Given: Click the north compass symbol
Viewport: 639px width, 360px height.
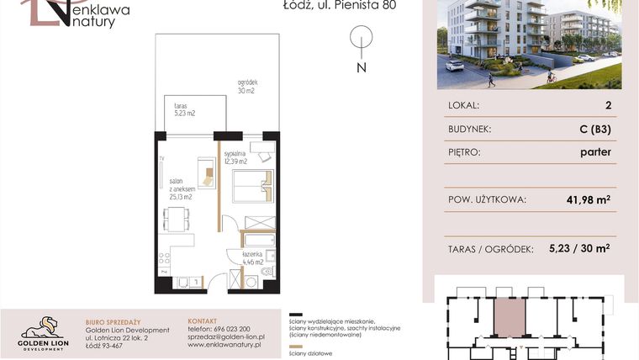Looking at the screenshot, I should pyautogui.click(x=361, y=40).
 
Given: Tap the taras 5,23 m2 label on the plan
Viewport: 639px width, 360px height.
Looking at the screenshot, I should pyautogui.click(x=184, y=108).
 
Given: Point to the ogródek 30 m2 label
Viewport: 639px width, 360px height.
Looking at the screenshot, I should pyautogui.click(x=246, y=86).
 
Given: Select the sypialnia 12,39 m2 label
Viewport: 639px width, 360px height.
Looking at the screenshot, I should pyautogui.click(x=235, y=157).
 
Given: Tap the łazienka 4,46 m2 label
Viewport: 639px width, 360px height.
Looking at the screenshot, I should pyautogui.click(x=252, y=257).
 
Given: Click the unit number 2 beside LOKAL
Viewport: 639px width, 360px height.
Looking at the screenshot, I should pyautogui.click(x=607, y=106).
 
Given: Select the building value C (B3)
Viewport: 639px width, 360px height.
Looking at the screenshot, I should pyautogui.click(x=594, y=130).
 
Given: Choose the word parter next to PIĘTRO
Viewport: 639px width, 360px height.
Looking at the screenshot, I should pyautogui.click(x=594, y=152).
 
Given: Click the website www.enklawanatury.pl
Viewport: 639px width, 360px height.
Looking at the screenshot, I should pyautogui.click(x=224, y=345).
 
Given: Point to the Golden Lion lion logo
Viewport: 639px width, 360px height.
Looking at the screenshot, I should pyautogui.click(x=42, y=327).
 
